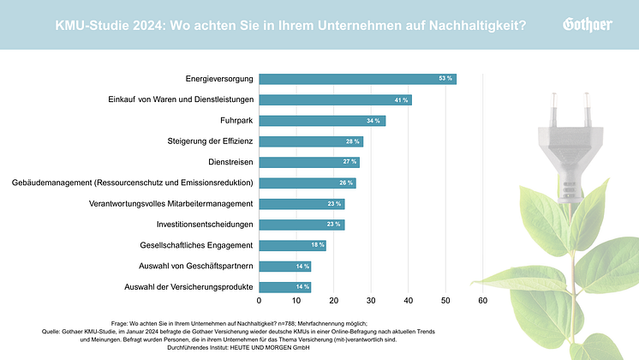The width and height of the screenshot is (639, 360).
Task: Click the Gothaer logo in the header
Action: (x=587, y=24)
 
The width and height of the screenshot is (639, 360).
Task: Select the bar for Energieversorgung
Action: (x=357, y=79)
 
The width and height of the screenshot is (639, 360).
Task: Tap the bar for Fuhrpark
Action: (x=322, y=121)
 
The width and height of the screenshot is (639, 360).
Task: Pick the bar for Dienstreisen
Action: (x=309, y=162)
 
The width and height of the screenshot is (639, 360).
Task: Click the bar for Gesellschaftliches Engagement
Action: (x=292, y=245)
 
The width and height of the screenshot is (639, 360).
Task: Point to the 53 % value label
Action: (x=445, y=79)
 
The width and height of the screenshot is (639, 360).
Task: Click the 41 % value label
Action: (x=401, y=100)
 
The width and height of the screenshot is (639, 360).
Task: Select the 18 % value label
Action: (x=315, y=245)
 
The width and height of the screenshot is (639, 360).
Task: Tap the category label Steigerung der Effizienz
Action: (x=210, y=141)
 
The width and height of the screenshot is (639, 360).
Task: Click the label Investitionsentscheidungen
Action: (x=205, y=225)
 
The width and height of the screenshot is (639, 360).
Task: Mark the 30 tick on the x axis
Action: (x=371, y=301)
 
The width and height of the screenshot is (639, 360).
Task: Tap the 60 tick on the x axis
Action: (x=483, y=301)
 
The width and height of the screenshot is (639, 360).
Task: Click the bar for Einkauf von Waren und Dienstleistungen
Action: (x=335, y=100)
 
